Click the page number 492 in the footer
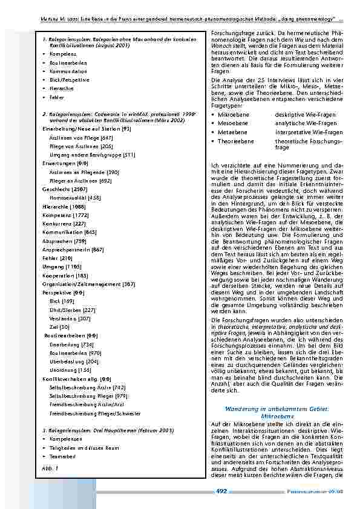click(x=221, y=491)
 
